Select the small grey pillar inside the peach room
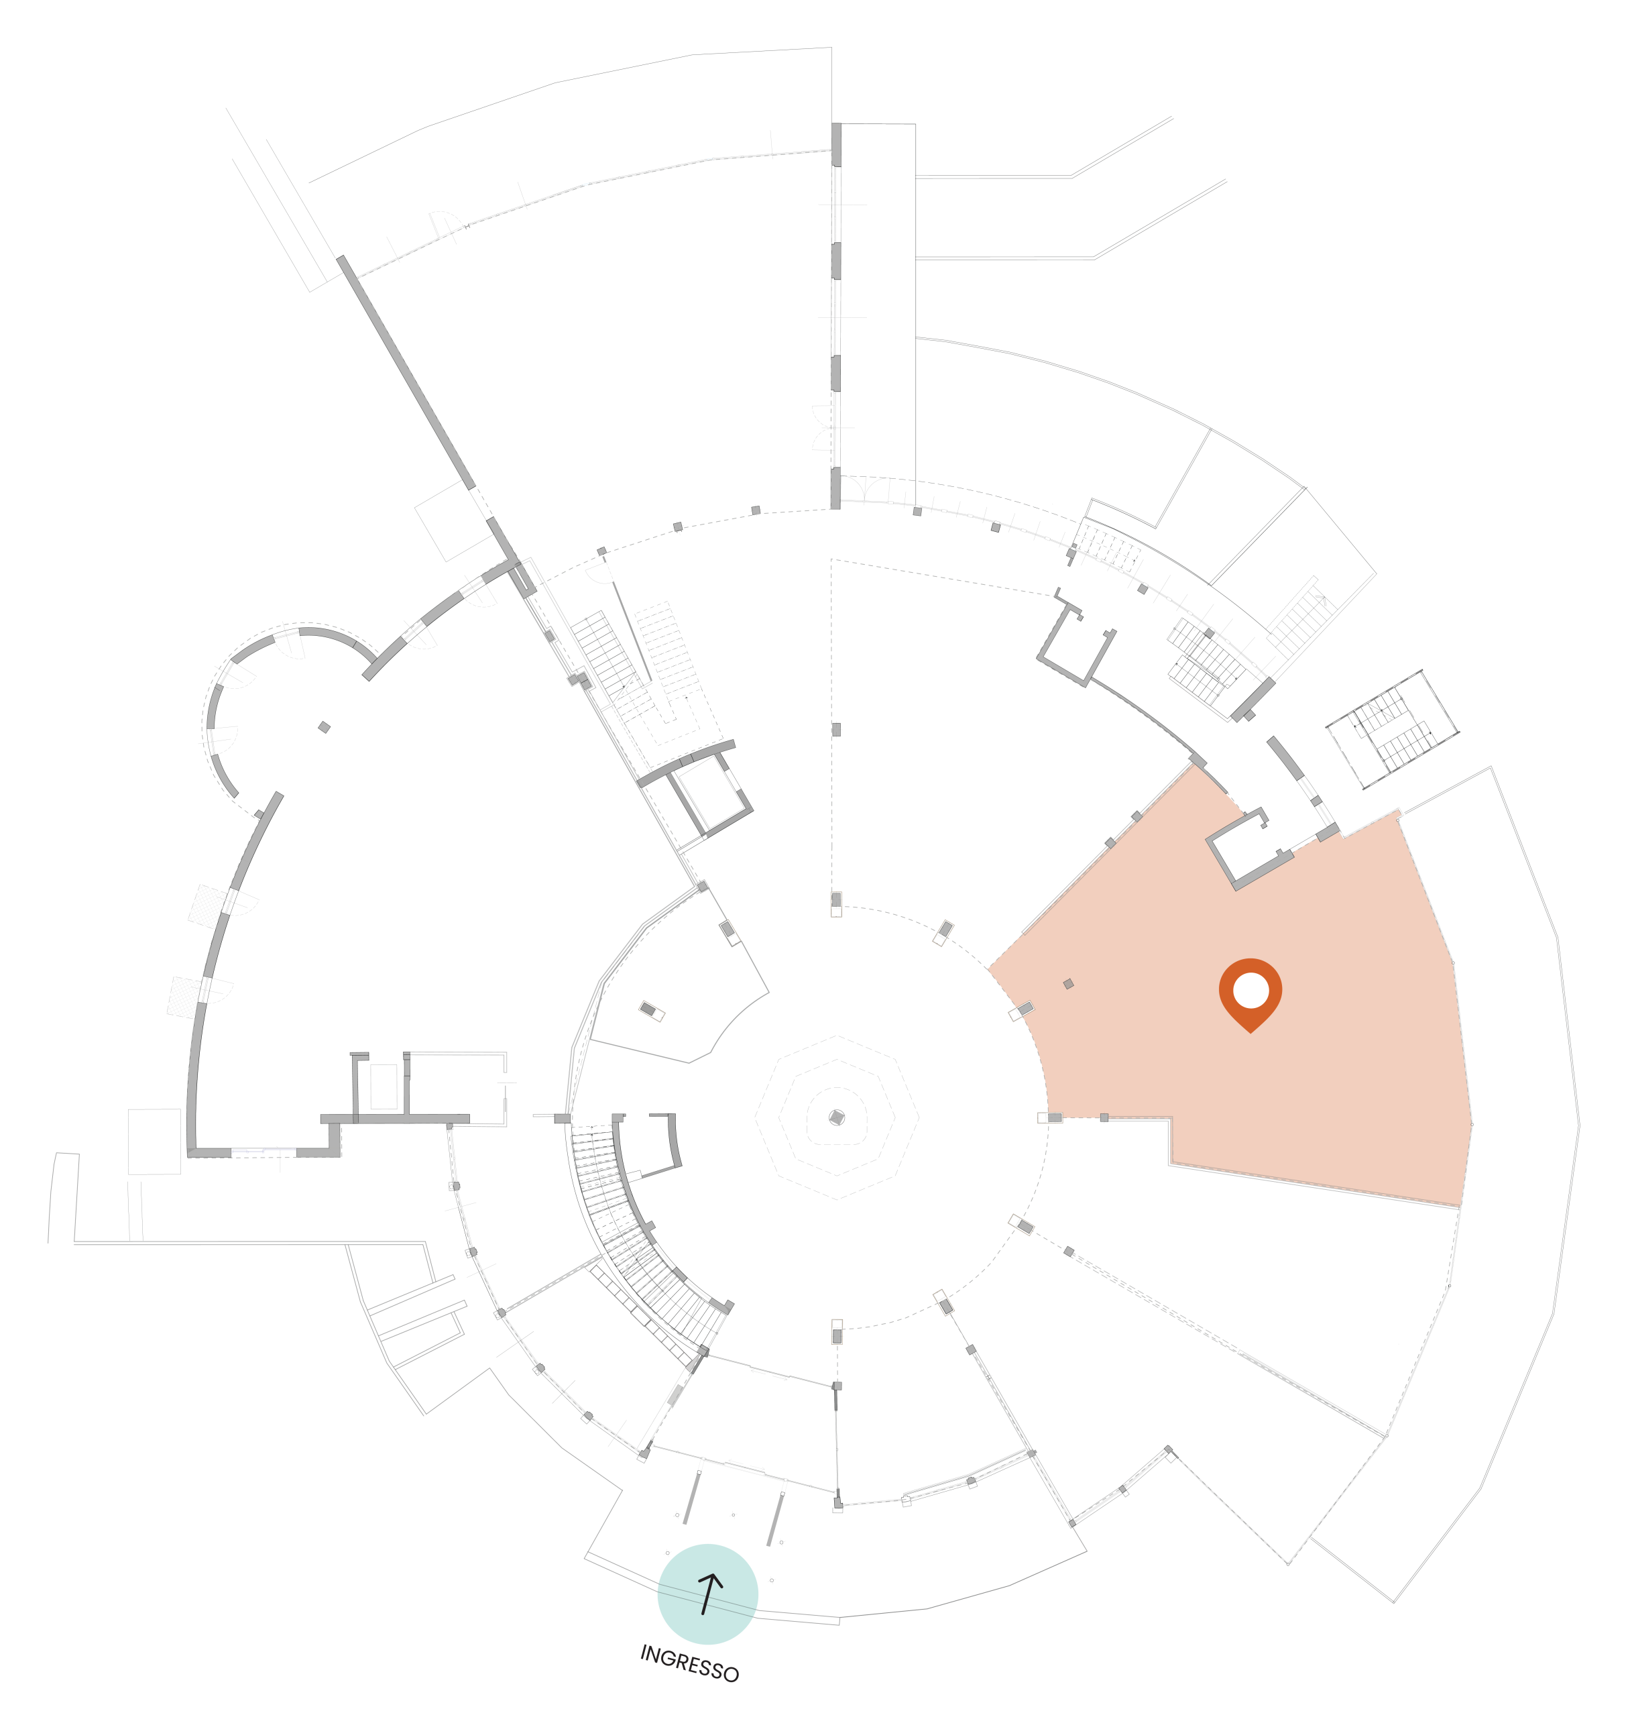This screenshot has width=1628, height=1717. [1068, 983]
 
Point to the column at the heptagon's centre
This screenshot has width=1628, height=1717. [837, 1117]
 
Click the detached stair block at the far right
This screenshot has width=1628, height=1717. [1392, 729]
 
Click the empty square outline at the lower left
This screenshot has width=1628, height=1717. [154, 1141]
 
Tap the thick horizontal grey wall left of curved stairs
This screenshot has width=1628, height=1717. [395, 1119]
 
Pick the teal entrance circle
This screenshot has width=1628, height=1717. [707, 1594]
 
